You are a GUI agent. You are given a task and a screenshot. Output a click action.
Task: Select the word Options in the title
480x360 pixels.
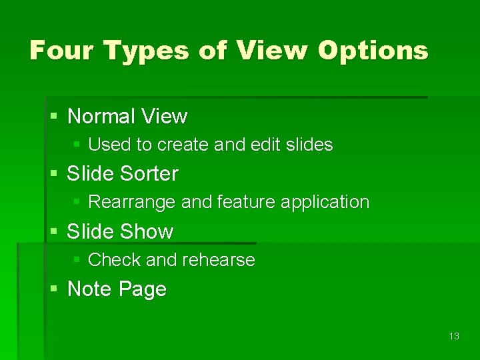point(373,51)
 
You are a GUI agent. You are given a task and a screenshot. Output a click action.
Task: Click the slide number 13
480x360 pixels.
point(454,336)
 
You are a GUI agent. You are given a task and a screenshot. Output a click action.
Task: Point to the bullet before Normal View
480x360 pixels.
point(54,117)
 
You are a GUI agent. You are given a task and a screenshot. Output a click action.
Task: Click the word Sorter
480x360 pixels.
point(150,174)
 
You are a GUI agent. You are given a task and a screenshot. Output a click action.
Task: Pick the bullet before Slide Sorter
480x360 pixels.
point(54,174)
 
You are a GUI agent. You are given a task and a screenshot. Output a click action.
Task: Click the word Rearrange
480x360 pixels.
point(132,202)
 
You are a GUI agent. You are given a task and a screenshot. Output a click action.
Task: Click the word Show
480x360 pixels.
point(147,232)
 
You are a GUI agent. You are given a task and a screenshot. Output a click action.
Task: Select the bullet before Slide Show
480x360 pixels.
point(54,232)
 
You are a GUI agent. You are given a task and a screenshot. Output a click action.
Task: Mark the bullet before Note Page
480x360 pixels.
point(54,289)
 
